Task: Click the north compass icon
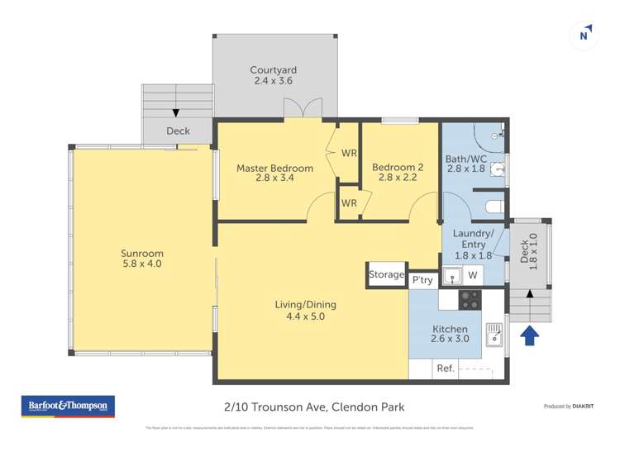click(584, 34)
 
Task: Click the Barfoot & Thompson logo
click(68, 407)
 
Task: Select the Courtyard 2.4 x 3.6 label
click(274, 75)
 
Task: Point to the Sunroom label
click(142, 259)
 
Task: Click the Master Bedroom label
click(274, 173)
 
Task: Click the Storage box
click(387, 274)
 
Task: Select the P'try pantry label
click(422, 280)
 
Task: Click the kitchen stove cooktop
click(470, 299)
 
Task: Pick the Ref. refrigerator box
click(445, 369)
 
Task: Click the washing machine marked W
click(473, 275)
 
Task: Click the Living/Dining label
click(305, 310)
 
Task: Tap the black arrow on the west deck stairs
click(175, 113)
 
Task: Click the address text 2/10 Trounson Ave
click(313, 407)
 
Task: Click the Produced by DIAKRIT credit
click(569, 407)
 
